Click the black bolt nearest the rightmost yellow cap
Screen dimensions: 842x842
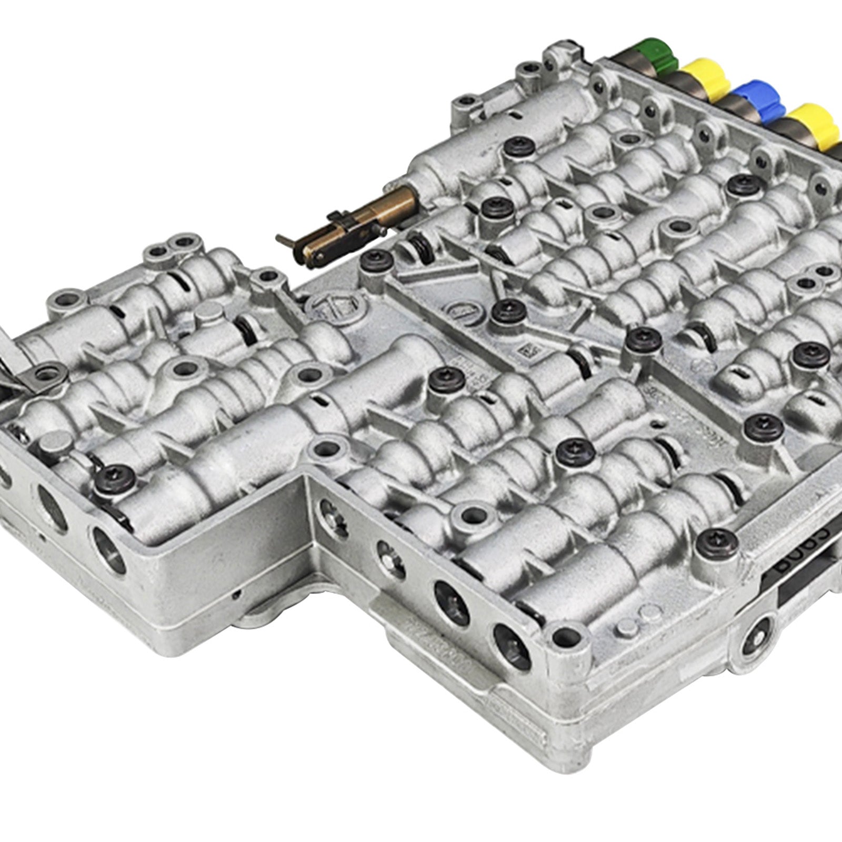tap(743, 184)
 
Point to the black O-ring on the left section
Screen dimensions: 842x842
tap(245, 329)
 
